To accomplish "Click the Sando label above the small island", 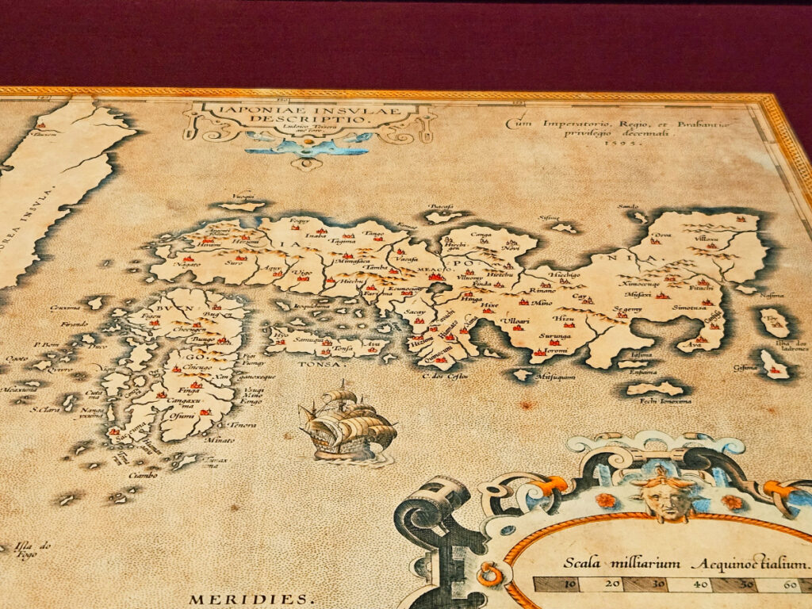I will (x=628, y=207).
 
